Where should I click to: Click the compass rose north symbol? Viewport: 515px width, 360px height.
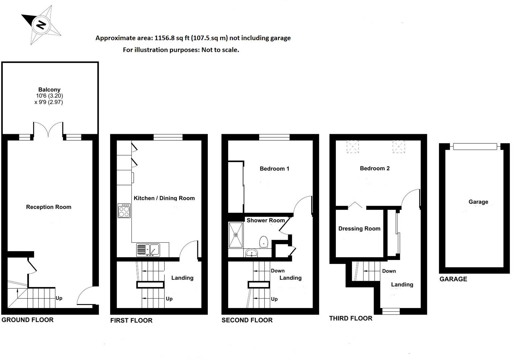(x=41, y=25)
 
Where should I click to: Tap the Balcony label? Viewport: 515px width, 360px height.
(x=49, y=89)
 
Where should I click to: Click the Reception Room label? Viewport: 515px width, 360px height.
(x=49, y=207)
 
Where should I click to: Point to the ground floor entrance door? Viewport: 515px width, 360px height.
(x=85, y=296)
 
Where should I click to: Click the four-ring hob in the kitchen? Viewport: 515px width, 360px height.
(x=124, y=211)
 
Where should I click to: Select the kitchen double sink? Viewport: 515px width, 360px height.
(x=148, y=250)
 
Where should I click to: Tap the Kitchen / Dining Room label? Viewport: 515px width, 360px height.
(x=164, y=198)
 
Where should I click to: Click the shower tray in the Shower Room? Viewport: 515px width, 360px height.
(x=236, y=235)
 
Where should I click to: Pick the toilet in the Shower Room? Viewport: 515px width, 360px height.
(x=264, y=242)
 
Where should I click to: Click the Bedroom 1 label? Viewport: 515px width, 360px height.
(x=275, y=169)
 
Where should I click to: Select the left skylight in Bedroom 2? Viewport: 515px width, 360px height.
(x=353, y=147)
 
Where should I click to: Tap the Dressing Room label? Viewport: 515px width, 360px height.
(x=359, y=229)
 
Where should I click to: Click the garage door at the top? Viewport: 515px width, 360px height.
(x=475, y=146)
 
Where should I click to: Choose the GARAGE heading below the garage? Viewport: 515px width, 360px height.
(x=453, y=279)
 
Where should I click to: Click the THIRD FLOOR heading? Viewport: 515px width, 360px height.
(x=351, y=318)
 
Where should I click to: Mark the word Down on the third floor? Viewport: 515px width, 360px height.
(x=389, y=271)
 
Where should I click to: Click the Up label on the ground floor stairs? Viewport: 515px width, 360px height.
(x=59, y=298)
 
